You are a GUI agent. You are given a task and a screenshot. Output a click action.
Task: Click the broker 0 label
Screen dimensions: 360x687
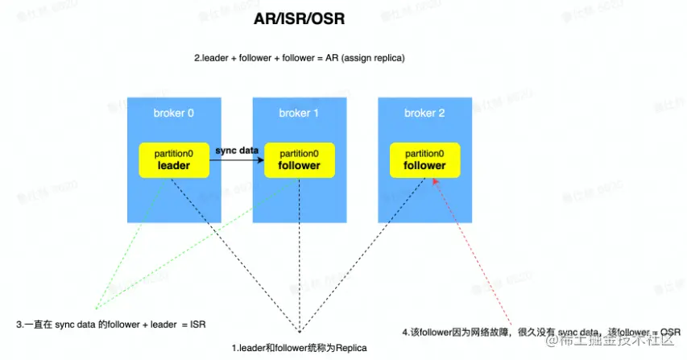173,113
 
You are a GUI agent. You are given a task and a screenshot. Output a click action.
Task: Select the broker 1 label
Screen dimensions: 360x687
299,113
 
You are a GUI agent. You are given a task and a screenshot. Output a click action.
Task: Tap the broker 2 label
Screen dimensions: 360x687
424,113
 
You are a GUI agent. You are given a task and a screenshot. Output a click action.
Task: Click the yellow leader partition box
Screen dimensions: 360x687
173,159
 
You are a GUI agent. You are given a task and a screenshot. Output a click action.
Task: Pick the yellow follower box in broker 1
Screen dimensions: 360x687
299,159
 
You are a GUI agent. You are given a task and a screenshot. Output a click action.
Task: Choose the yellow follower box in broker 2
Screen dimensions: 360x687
424,159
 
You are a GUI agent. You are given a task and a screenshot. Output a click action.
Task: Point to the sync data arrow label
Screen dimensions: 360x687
237,151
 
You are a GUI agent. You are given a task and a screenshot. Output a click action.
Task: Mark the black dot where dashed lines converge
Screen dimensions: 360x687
299,331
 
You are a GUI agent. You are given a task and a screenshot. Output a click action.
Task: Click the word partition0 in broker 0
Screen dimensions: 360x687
173,153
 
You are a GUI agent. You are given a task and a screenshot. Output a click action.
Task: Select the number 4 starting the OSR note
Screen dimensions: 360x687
404,331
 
